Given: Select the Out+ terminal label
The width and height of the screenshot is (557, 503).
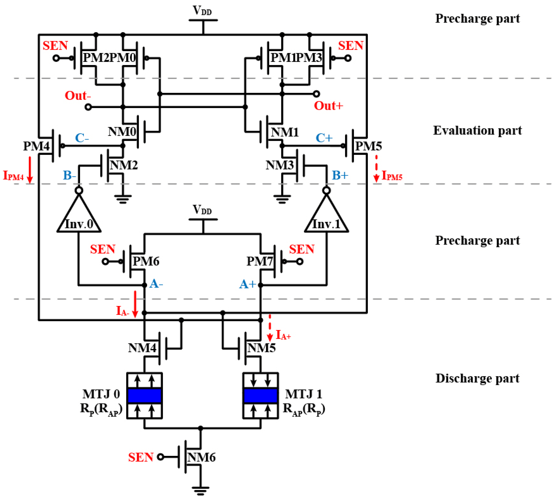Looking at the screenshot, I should pyautogui.click(x=328, y=106).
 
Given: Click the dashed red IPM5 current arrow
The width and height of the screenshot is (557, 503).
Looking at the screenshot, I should pyautogui.click(x=376, y=168).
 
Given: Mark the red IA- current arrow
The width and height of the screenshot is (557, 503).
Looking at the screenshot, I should pyautogui.click(x=135, y=304).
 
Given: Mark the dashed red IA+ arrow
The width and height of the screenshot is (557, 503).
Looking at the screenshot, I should pyautogui.click(x=270, y=328).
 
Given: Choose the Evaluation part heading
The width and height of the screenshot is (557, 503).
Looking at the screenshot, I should pyautogui.click(x=477, y=130).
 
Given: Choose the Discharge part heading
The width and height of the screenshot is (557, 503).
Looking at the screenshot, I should pyautogui.click(x=477, y=378).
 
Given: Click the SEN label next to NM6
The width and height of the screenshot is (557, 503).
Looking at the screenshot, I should pyautogui.click(x=141, y=457).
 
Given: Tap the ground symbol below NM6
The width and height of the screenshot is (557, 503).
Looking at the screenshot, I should pyautogui.click(x=200, y=490).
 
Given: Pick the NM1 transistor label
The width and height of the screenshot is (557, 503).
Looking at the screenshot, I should pyautogui.click(x=285, y=132).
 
